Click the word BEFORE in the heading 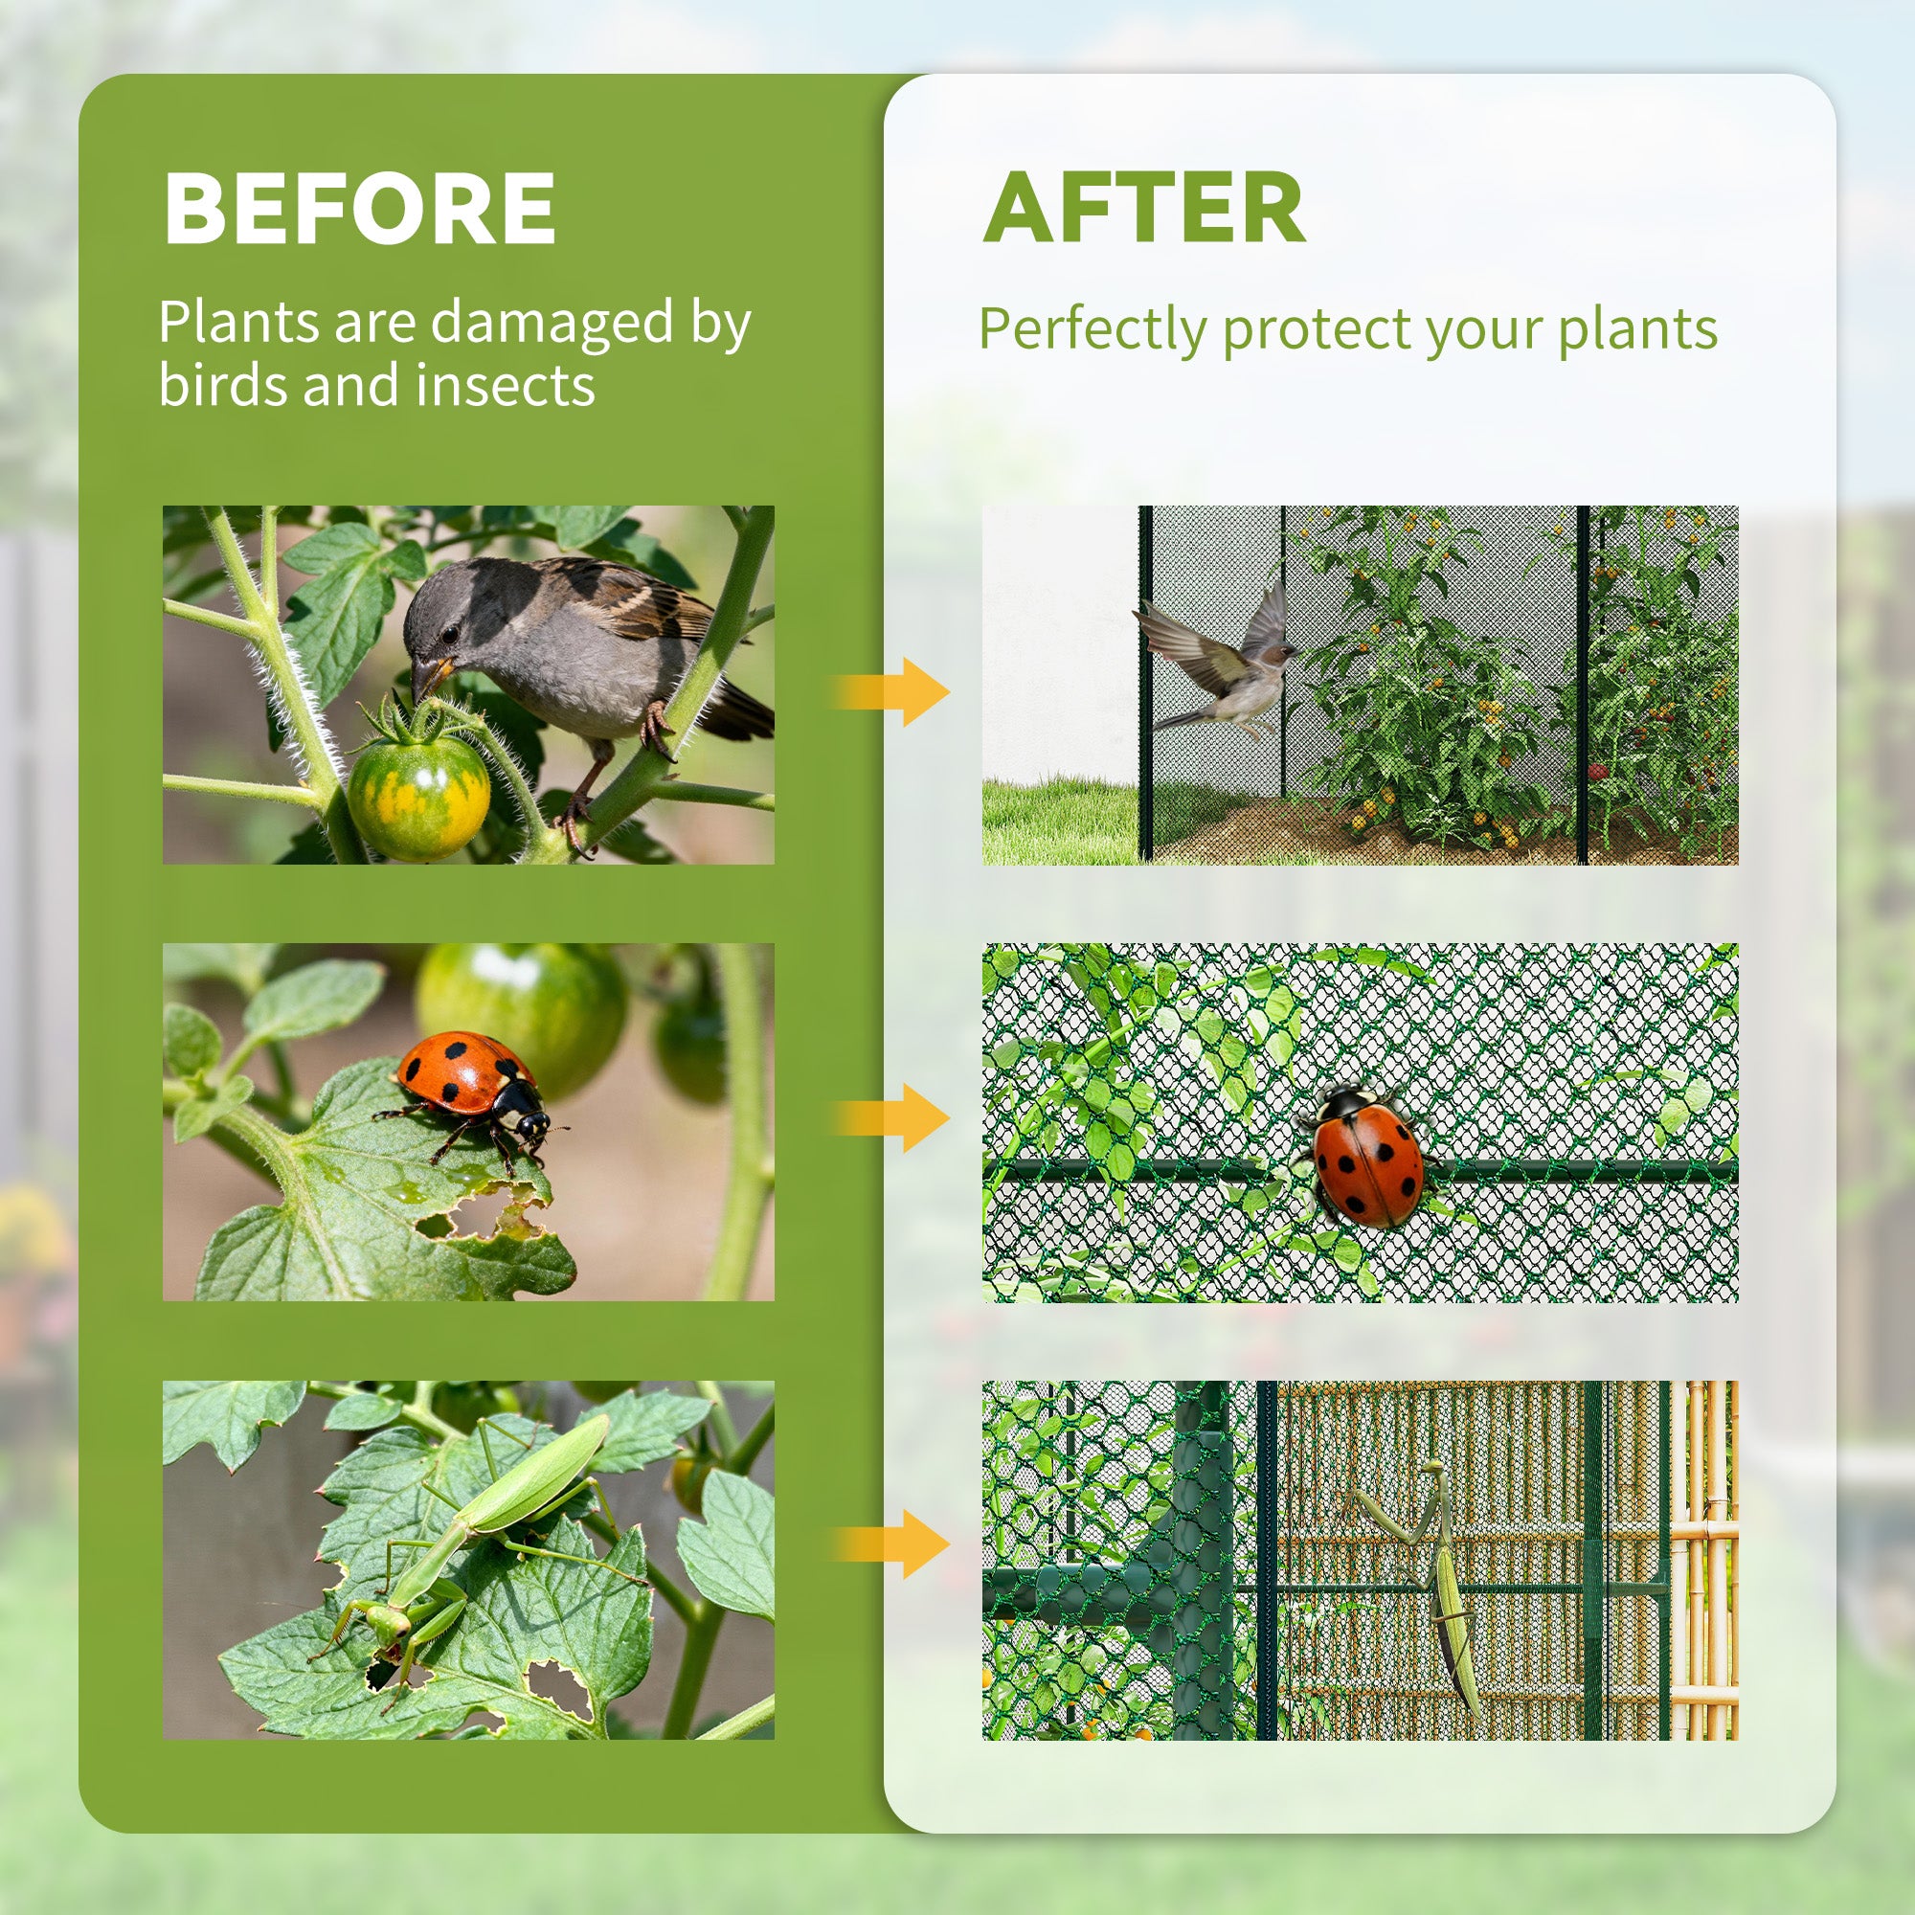click(x=359, y=208)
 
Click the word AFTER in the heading click(x=1144, y=208)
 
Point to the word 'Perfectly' click(x=1092, y=330)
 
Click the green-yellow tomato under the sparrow click(x=418, y=796)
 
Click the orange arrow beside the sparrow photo click(x=891, y=691)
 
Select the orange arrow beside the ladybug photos click(x=891, y=1117)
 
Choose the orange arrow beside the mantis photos click(x=891, y=1544)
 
